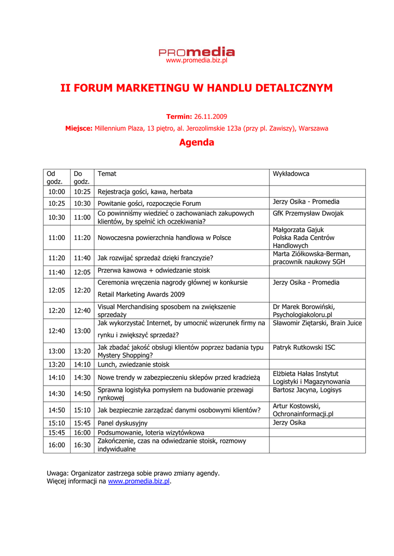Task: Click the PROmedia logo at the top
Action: click(197, 52)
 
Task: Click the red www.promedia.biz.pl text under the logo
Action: click(196, 61)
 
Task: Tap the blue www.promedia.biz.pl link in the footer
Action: click(139, 481)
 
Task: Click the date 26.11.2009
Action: click(210, 117)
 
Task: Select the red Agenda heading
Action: click(197, 143)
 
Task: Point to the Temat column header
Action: click(107, 174)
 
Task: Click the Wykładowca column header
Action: click(291, 174)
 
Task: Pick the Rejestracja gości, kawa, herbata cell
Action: click(145, 192)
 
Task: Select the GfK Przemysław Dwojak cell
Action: click(308, 213)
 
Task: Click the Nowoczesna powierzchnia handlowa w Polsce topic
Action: click(164, 238)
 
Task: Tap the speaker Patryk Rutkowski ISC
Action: click(304, 347)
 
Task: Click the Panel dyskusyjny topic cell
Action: click(122, 423)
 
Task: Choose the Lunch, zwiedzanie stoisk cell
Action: click(133, 364)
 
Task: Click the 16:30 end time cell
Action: click(82, 445)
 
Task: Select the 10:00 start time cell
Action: click(57, 192)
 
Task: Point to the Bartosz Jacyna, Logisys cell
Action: click(307, 390)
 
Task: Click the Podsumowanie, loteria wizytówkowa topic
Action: click(151, 433)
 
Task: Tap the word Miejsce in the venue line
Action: click(78, 129)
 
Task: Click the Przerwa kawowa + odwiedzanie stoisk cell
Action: click(154, 270)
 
